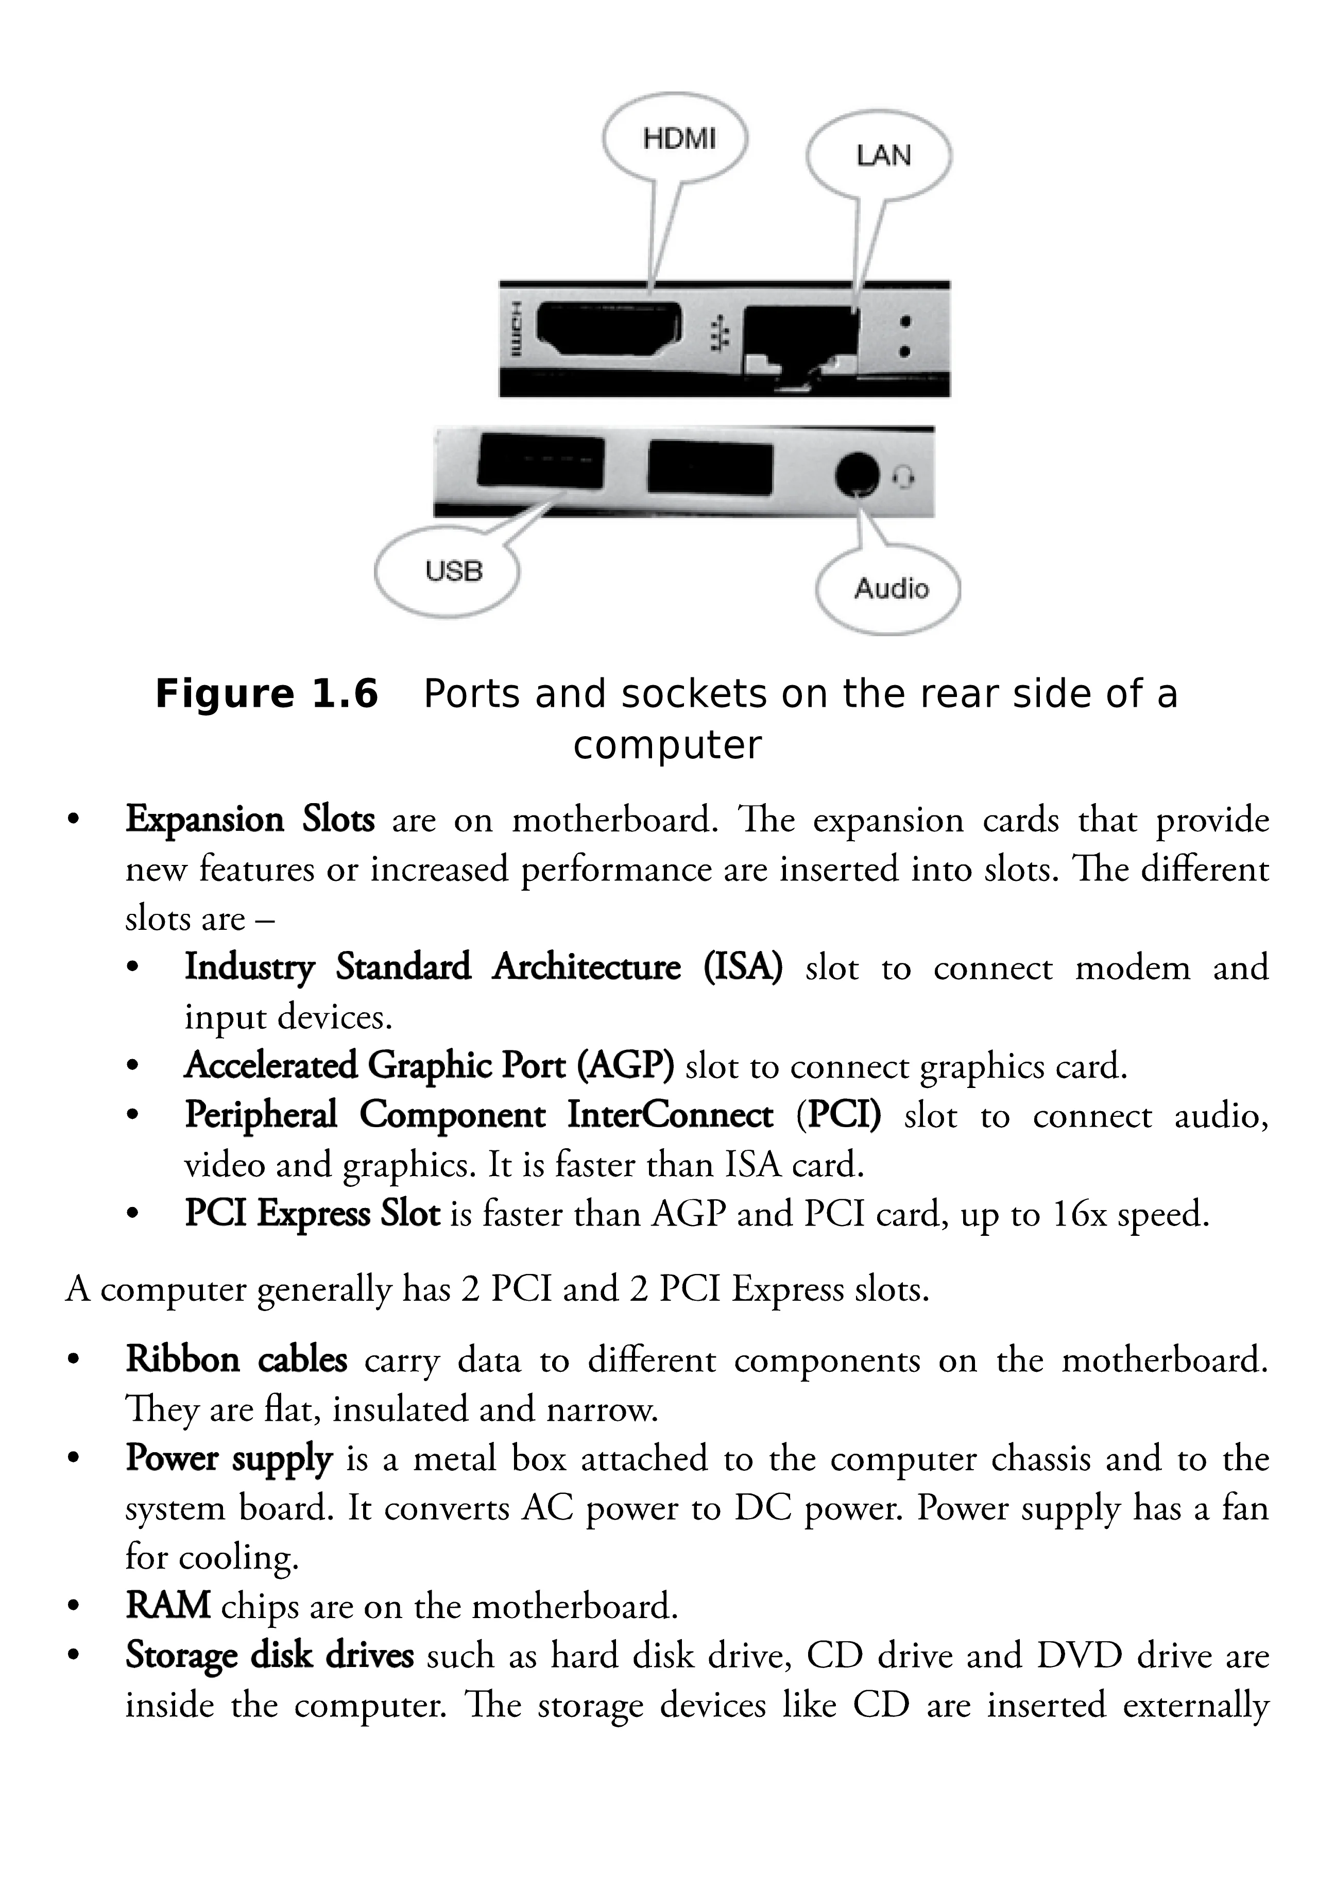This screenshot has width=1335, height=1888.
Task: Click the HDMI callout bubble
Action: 677,138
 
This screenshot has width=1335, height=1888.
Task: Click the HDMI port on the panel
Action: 608,329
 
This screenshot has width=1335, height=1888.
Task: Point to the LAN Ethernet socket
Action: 799,337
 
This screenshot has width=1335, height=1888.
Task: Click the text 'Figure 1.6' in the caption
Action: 266,693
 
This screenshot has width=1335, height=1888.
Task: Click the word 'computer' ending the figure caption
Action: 666,745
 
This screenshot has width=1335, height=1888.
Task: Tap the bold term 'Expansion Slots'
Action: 250,820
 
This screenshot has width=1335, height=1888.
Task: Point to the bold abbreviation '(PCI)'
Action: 838,1115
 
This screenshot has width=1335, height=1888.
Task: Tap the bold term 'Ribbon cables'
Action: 236,1360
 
